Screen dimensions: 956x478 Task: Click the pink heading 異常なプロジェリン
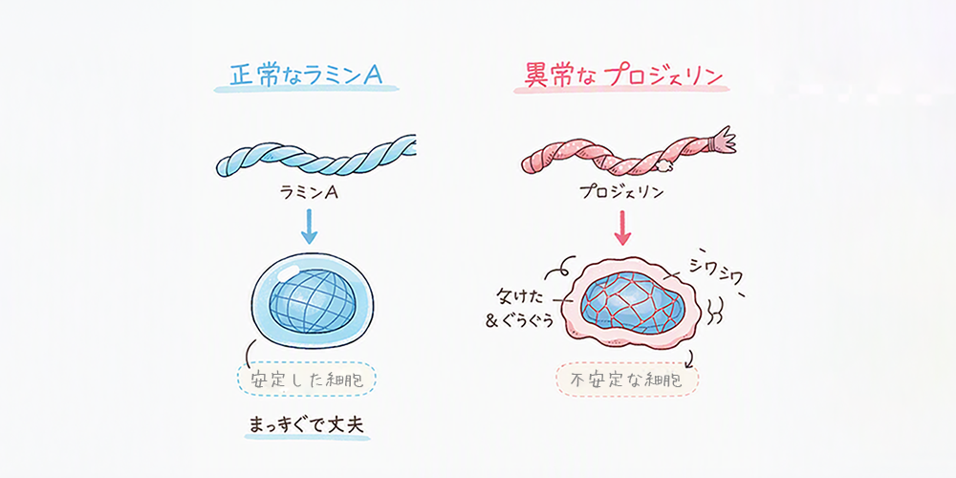click(x=623, y=76)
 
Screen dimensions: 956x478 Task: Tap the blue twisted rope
click(x=315, y=156)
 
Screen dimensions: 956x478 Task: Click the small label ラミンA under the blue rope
click(x=309, y=193)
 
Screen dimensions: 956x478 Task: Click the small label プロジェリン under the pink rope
click(x=622, y=193)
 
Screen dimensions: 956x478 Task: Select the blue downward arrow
click(x=309, y=227)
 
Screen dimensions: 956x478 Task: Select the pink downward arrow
click(x=622, y=228)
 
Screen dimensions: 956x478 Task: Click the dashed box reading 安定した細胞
click(x=307, y=380)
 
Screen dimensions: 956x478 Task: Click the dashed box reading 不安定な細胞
click(x=627, y=380)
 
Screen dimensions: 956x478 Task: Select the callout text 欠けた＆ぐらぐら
click(x=520, y=310)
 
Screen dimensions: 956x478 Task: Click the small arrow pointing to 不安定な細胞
click(x=689, y=359)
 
